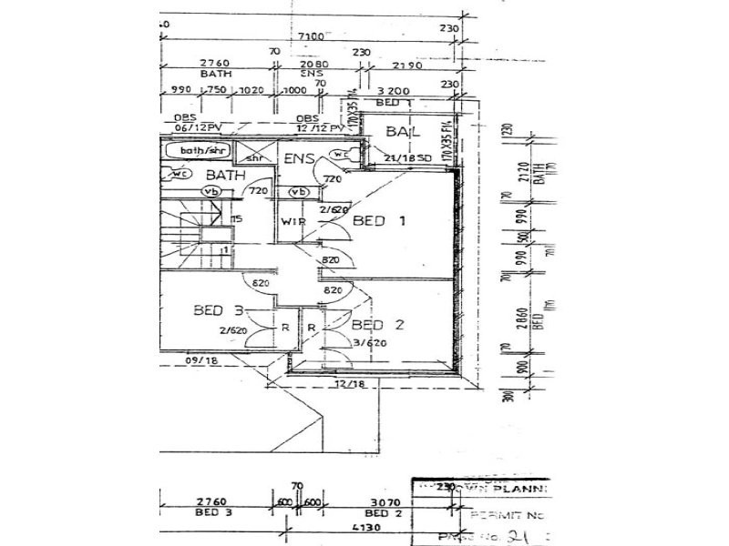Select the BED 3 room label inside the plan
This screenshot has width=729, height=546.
coord(218,310)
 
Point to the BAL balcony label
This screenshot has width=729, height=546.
coord(401,133)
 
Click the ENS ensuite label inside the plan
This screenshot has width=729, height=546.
coord(299,159)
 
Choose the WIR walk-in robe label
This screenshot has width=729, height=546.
coord(293,222)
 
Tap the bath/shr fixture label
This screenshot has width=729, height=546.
coord(202,150)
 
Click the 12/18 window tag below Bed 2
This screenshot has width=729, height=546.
coord(347,386)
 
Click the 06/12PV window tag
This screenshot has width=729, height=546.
coord(194,126)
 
